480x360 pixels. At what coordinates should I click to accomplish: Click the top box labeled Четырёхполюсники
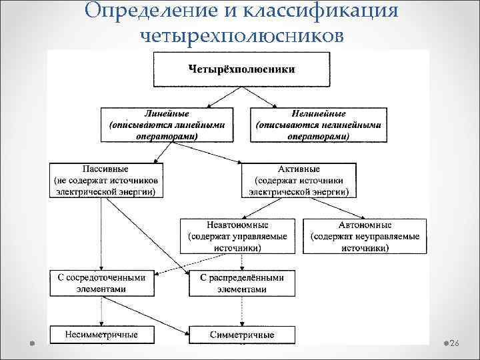pyautogui.click(x=242, y=69)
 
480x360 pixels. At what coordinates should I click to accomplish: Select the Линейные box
pyautogui.click(x=167, y=125)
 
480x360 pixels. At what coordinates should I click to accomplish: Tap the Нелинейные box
pyautogui.click(x=318, y=125)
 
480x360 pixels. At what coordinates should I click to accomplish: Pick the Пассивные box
pyautogui.click(x=105, y=180)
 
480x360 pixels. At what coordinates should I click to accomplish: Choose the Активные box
pyautogui.click(x=299, y=180)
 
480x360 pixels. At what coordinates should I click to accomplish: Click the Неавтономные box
pyautogui.click(x=237, y=236)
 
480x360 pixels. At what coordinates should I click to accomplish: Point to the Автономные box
pyautogui.click(x=365, y=236)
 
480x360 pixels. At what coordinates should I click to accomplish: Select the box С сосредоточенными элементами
pyautogui.click(x=101, y=283)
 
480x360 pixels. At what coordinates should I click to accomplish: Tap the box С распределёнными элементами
pyautogui.click(x=242, y=283)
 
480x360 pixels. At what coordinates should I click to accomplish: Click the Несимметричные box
pyautogui.click(x=101, y=333)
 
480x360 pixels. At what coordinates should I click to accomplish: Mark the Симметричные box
pyautogui.click(x=242, y=333)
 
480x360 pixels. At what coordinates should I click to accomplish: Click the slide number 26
pyautogui.click(x=455, y=343)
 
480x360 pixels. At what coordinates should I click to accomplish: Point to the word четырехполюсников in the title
pyautogui.click(x=242, y=35)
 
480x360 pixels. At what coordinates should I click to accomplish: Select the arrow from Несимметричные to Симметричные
pyautogui.click(x=171, y=333)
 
